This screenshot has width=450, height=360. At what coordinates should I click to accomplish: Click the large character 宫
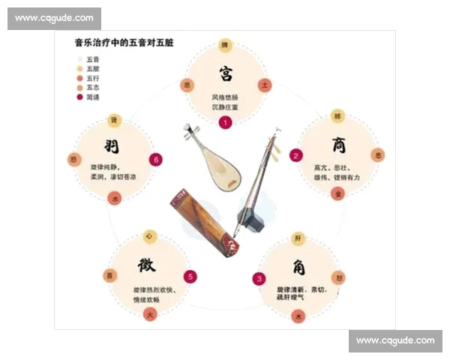(x=225, y=73)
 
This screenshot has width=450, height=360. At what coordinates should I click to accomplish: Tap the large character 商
(x=338, y=144)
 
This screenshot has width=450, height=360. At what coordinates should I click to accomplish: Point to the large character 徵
(x=147, y=265)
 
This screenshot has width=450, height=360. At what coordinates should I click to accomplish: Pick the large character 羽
(x=112, y=145)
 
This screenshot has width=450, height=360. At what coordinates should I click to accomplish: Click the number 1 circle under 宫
(x=225, y=123)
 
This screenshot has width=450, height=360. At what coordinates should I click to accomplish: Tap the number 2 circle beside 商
(x=296, y=155)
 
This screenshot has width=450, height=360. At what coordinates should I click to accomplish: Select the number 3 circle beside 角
(x=259, y=279)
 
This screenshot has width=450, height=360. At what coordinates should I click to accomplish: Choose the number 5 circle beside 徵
(x=190, y=277)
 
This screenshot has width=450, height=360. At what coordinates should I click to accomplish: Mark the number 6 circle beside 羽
(x=155, y=159)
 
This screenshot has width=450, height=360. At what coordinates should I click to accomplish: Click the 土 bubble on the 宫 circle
(x=263, y=85)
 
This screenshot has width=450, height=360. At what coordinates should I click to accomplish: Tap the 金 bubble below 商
(x=338, y=193)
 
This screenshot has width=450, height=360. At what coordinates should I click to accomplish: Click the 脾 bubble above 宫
(x=224, y=46)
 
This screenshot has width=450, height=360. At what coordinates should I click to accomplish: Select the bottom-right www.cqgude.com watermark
(x=395, y=340)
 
